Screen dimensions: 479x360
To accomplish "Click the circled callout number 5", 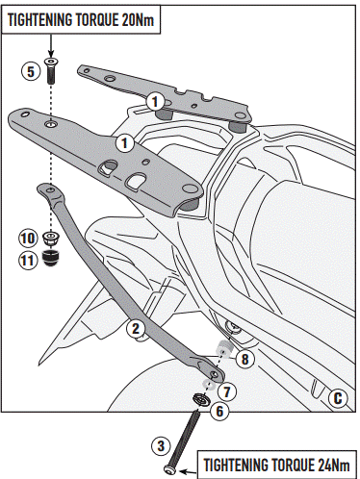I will [x=30, y=71].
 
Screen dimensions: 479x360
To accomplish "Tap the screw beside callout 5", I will [x=51, y=70].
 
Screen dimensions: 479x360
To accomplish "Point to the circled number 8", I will [x=244, y=359].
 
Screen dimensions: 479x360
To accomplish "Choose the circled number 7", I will [x=227, y=391].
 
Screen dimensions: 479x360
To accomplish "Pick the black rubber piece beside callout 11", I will [x=52, y=257].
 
